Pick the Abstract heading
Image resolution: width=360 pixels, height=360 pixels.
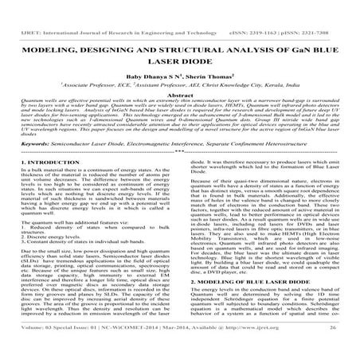click(179, 82)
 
